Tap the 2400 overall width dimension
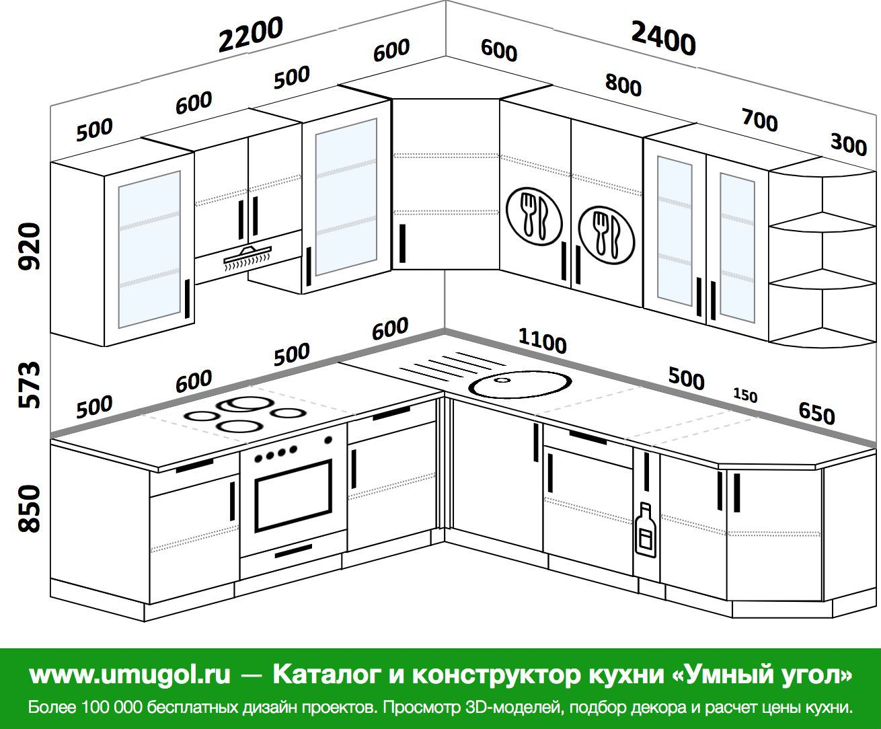pyautogui.click(x=663, y=38)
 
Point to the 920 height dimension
pyautogui.click(x=30, y=246)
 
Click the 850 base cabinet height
pyautogui.click(x=30, y=509)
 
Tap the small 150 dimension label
pyautogui.click(x=744, y=395)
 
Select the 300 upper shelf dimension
pyautogui.click(x=848, y=143)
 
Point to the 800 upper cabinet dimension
pyautogui.click(x=623, y=85)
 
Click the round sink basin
pyautogui.click(x=521, y=385)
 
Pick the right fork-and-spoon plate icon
pyautogui.click(x=605, y=233)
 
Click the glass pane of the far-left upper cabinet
pyautogui.click(x=149, y=249)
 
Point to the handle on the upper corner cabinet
pyautogui.click(x=402, y=243)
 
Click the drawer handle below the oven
pyautogui.click(x=293, y=553)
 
